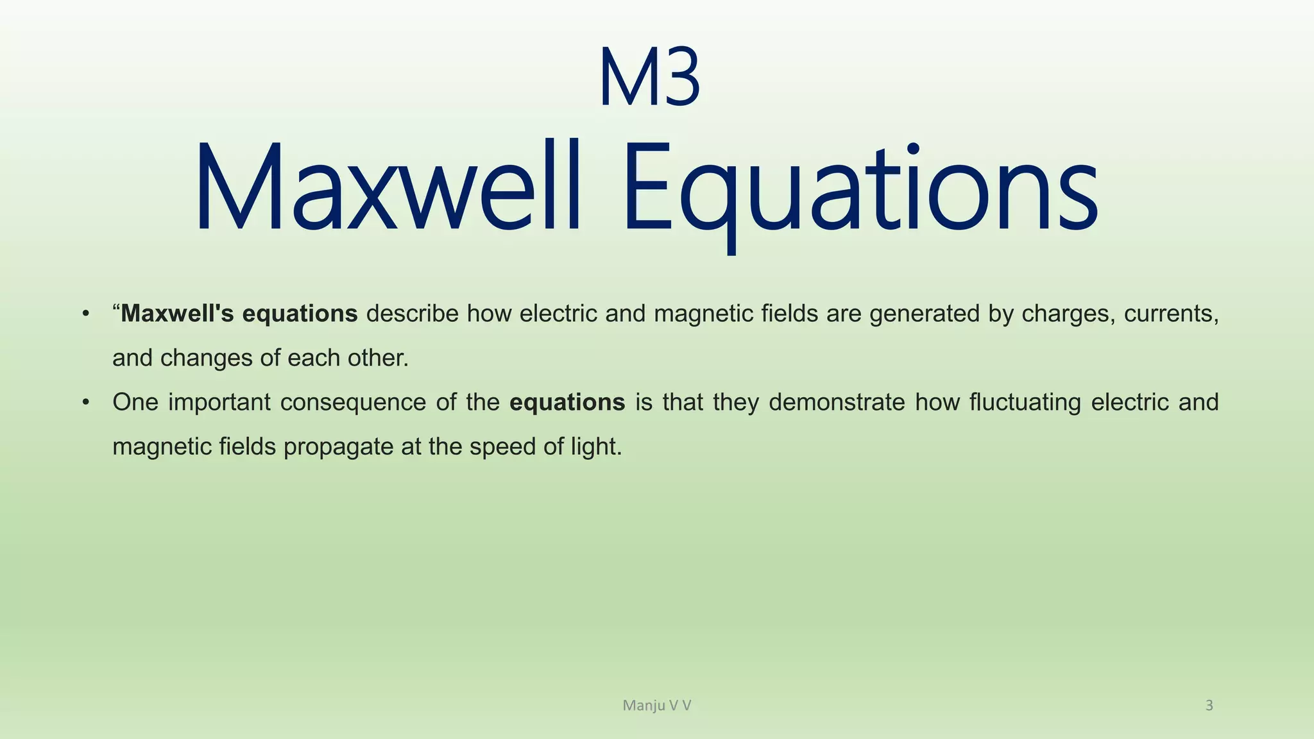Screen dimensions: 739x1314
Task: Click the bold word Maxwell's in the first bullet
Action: click(x=177, y=314)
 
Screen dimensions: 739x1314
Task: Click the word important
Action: click(x=219, y=402)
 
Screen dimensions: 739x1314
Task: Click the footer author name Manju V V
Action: click(x=656, y=706)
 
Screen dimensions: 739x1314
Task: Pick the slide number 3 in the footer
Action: click(x=1209, y=706)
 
